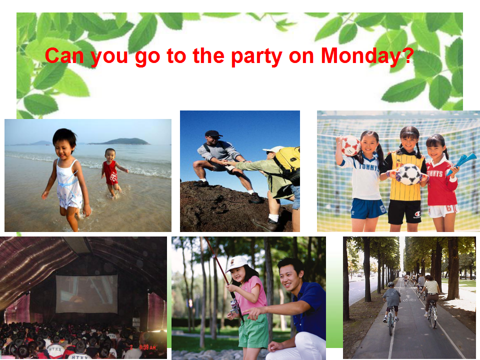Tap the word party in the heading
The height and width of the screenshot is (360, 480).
point(256,57)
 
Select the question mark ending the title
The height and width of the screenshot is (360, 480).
point(408,55)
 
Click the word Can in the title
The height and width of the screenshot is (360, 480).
point(64,55)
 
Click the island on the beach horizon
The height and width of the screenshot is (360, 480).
point(119,141)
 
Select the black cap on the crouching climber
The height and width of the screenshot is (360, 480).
point(213,133)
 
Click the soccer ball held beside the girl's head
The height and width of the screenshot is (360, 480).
point(350,146)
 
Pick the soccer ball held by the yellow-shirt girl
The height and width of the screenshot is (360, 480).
point(408,174)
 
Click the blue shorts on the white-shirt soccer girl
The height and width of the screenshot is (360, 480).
point(368,208)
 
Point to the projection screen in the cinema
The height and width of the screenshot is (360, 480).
point(86,293)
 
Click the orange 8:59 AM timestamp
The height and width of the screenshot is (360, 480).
point(148,347)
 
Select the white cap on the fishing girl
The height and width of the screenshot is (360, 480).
point(236,264)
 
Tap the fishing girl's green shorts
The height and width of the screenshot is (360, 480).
point(253,331)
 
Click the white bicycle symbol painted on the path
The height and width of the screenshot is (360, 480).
point(409,298)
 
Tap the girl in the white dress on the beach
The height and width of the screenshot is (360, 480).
point(66,178)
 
